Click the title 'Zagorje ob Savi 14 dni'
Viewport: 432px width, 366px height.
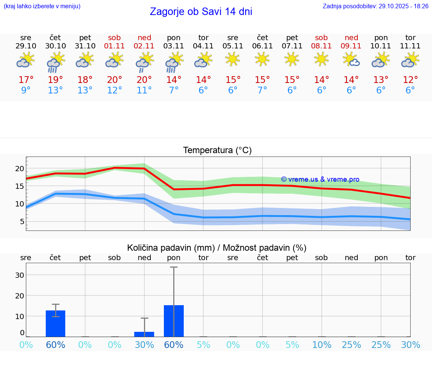point(201,12)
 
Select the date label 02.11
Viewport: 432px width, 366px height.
point(144,46)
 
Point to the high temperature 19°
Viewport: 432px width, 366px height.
point(55,80)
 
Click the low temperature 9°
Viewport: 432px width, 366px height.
point(26,90)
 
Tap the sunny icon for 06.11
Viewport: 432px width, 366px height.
point(262,59)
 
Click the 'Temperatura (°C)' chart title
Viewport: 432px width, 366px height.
point(217,151)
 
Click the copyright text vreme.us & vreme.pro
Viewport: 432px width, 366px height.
point(320,179)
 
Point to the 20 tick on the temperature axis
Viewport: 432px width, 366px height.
point(19,169)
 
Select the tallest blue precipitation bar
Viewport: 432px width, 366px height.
point(174,321)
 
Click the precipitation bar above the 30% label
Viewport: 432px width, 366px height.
point(144,334)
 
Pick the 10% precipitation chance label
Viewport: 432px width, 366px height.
point(322,345)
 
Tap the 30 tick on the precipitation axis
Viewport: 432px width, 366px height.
point(19,275)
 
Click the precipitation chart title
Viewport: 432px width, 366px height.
point(217,248)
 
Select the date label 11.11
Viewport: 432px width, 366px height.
point(410,46)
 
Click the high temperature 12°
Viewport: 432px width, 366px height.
point(410,80)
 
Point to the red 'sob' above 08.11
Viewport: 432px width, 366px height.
point(321,38)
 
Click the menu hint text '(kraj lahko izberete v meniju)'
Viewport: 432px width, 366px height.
point(42,6)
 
